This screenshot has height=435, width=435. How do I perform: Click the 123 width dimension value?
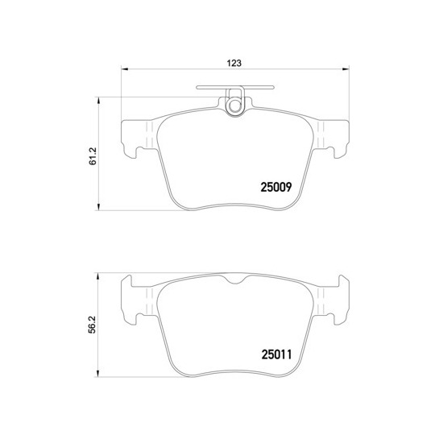click(x=234, y=64)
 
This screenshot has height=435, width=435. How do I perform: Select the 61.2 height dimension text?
click(x=93, y=156)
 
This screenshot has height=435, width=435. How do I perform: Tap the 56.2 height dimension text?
click(x=92, y=325)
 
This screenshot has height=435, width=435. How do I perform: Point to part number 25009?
click(x=276, y=187)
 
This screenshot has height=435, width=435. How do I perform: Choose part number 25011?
click(x=276, y=354)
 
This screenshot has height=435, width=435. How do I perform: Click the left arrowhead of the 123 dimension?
click(x=125, y=68)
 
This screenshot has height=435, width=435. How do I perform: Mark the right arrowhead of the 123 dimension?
click(x=346, y=68)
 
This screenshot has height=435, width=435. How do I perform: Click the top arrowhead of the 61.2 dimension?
click(x=98, y=101)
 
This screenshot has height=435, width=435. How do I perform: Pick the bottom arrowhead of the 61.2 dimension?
click(x=98, y=207)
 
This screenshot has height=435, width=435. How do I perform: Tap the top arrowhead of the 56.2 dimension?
click(x=97, y=276)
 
